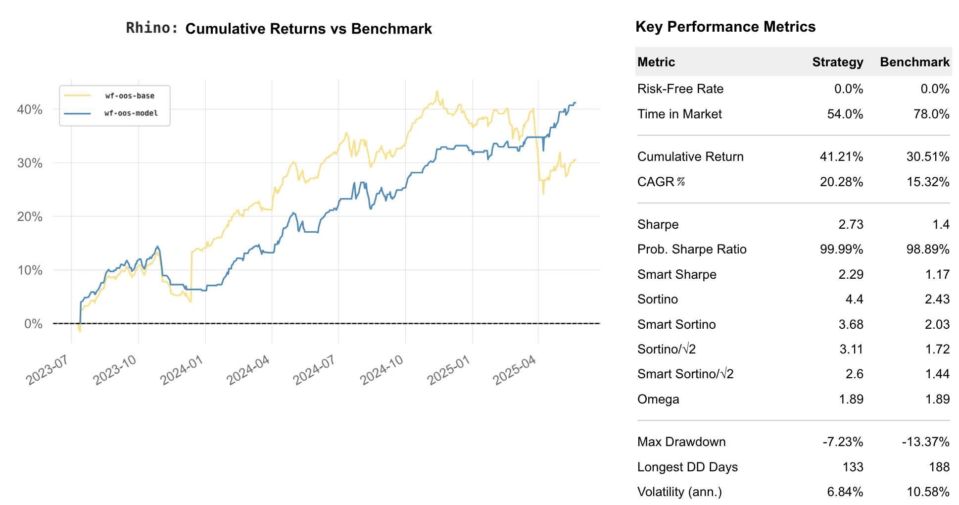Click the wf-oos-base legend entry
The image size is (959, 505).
(x=130, y=96)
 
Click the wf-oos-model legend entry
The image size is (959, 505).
(x=131, y=113)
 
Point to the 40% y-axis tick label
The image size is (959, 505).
(x=30, y=109)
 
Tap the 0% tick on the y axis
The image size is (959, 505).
(x=33, y=324)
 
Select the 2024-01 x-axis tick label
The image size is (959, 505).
(x=182, y=370)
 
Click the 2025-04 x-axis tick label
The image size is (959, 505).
(x=515, y=370)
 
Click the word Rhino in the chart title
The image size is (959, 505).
(x=151, y=28)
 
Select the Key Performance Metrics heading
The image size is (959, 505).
(x=725, y=27)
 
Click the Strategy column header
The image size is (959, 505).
(x=837, y=62)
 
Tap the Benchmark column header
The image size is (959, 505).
(x=914, y=62)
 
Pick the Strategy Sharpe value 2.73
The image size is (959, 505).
(x=851, y=224)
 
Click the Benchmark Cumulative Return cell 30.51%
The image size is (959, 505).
(x=927, y=156)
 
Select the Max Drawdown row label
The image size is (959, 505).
(x=681, y=442)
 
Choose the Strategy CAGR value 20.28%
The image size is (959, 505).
(x=841, y=182)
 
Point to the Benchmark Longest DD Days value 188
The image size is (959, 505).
(x=939, y=467)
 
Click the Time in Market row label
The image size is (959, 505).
(x=679, y=114)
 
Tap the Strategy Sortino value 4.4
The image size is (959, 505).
(x=854, y=299)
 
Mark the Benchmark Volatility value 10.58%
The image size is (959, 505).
(x=927, y=492)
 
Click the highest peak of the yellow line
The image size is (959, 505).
(x=437, y=92)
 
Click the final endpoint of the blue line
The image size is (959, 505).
(x=575, y=103)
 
